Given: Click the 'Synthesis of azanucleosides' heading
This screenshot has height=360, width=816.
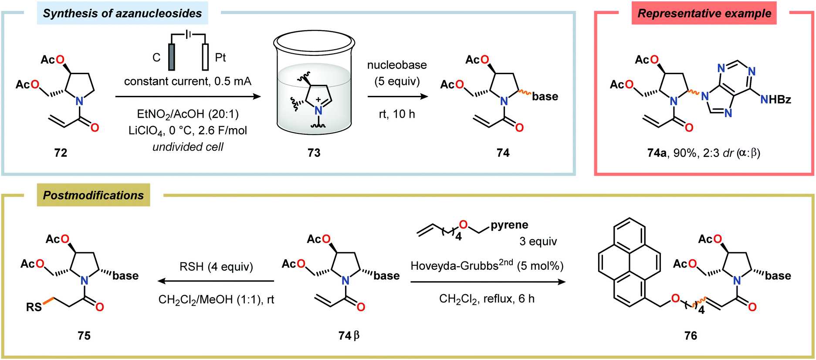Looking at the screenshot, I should coord(122,14).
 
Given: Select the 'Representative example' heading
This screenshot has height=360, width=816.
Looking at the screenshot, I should coord(704,14).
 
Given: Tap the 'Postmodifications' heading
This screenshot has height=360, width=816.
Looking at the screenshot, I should coord(93,195).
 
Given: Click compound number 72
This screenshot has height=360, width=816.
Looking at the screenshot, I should coord(61,153).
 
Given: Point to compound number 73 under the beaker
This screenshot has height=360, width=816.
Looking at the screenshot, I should coord(314,153).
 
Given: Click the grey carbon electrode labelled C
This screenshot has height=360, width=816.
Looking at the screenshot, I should coord(172,57).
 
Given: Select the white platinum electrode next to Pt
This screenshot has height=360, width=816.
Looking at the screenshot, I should coord(205,57).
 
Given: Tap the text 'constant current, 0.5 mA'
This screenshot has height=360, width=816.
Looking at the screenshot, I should coord(187,82).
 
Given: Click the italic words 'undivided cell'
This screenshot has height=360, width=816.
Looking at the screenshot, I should coord(187,147).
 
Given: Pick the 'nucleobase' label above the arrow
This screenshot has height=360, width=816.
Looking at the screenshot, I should coord(397,65).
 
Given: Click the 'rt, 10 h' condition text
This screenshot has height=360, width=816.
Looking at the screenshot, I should coord(397,114).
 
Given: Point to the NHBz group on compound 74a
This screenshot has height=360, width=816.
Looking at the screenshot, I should coord(775,100).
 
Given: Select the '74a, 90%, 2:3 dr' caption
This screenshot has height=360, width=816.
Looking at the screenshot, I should coord(703,153).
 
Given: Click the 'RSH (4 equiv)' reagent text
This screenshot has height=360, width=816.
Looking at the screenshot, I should coord(216,267).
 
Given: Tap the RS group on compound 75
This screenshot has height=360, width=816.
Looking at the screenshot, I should coord(34,307).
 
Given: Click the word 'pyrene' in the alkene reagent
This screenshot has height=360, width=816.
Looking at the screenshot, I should coord(509,225).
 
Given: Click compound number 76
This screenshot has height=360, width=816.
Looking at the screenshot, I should coord(691,336).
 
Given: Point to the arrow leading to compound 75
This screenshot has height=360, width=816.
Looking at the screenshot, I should coord(216,281).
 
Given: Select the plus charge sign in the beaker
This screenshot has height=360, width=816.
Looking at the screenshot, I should coord(318,100).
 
